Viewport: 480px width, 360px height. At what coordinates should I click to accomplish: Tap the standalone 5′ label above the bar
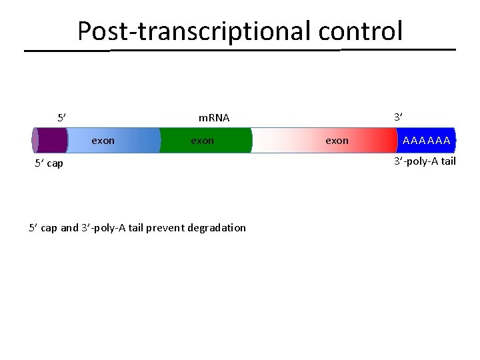coord(61,118)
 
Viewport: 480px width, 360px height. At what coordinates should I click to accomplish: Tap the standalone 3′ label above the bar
coord(398,117)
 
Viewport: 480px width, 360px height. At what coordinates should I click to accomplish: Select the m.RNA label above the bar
coord(214,118)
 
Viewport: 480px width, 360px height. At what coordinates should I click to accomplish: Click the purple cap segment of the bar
coord(51,141)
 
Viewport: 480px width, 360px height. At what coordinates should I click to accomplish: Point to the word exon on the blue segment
coord(103,141)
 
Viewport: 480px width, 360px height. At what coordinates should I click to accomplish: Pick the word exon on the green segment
coord(203,141)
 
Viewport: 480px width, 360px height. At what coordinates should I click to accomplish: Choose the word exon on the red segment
coord(337,141)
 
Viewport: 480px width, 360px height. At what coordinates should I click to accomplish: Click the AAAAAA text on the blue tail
coord(427,141)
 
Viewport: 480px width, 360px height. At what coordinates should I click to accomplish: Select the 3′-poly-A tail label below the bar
coord(425,161)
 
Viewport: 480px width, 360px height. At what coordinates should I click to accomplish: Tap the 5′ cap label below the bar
coord(49,164)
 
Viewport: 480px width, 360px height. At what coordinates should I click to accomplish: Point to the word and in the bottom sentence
coord(69,228)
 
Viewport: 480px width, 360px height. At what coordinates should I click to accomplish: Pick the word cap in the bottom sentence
coord(49,228)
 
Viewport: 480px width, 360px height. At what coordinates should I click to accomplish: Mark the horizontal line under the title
coord(240,50)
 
